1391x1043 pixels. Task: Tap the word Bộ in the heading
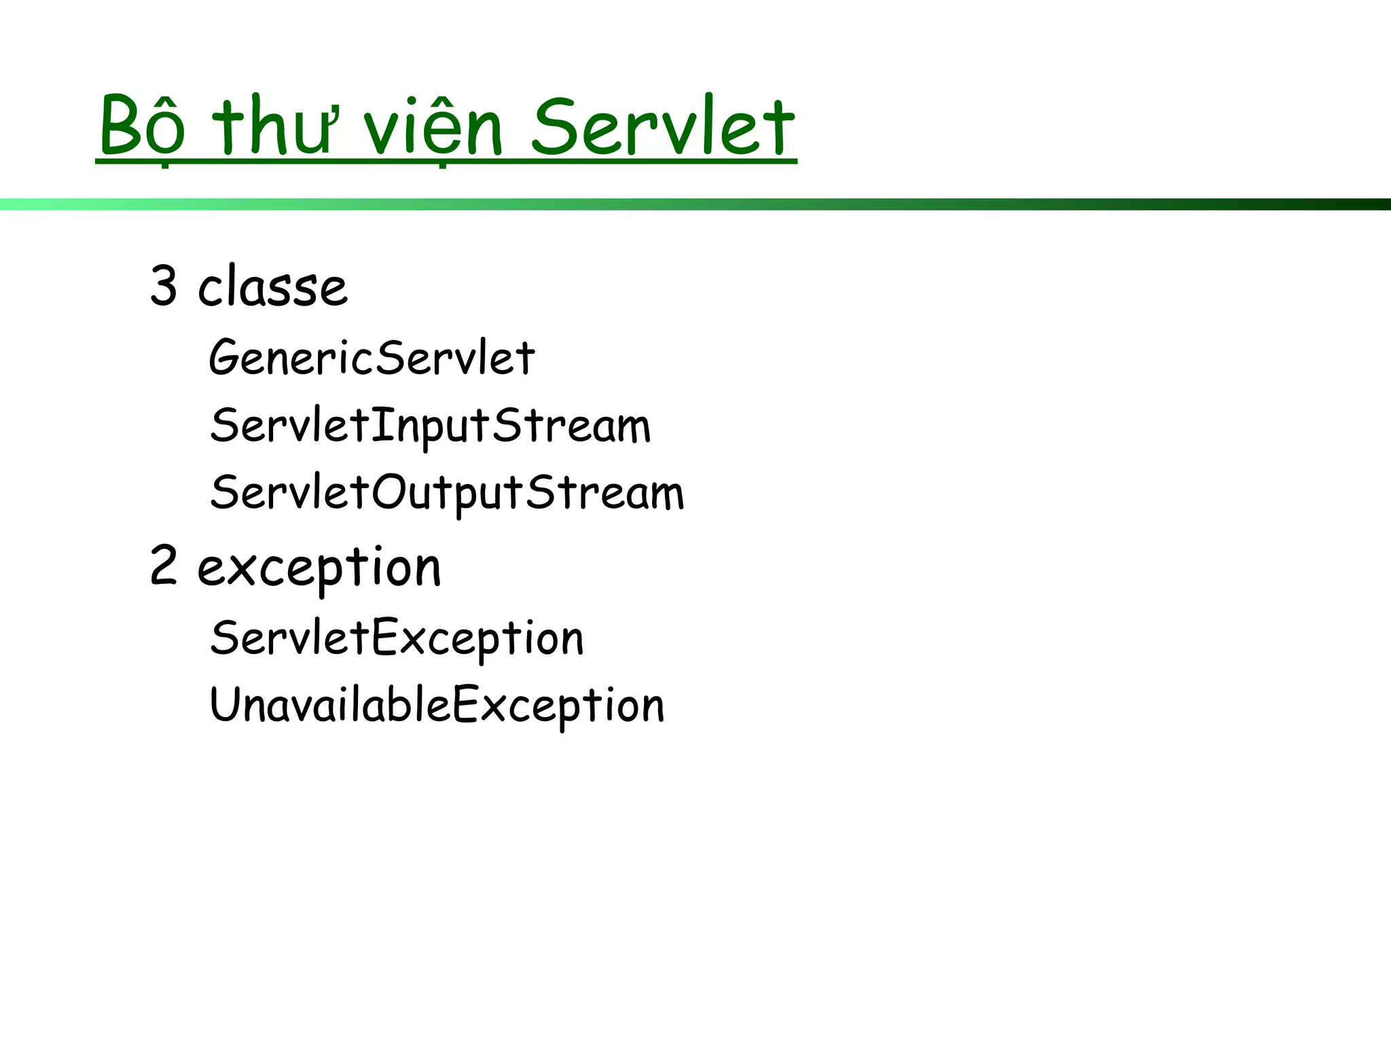pos(142,127)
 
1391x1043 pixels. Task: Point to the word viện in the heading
pos(433,127)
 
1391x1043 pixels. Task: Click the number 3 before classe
pos(164,286)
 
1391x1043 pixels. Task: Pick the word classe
pos(272,287)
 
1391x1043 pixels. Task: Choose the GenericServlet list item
pos(372,357)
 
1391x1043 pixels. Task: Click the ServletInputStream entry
pos(430,426)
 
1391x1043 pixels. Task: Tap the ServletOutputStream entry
pos(447,493)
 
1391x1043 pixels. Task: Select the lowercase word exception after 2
pos(319,568)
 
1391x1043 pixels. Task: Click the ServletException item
pos(397,638)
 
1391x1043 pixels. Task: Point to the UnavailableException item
pos(437,705)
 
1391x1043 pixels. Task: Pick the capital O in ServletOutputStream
pos(388,492)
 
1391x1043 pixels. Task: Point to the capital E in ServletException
pos(384,637)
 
